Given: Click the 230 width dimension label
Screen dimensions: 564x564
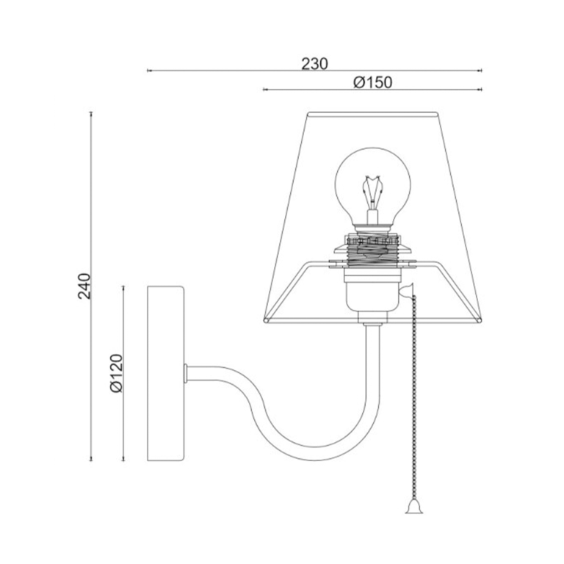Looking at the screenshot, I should [x=314, y=63].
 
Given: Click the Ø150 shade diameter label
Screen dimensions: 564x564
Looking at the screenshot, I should [x=372, y=82].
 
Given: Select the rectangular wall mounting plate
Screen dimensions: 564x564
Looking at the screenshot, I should [x=166, y=374].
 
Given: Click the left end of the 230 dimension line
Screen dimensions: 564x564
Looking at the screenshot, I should [x=148, y=71].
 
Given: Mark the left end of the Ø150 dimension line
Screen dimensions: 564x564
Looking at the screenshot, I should [x=264, y=90].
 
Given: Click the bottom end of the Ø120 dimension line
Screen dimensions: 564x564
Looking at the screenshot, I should [x=123, y=461].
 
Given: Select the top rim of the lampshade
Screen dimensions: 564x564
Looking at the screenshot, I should [x=373, y=114].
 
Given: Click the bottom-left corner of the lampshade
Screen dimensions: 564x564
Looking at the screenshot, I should [x=264, y=319].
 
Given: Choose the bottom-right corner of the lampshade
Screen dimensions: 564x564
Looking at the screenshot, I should [x=482, y=319].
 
